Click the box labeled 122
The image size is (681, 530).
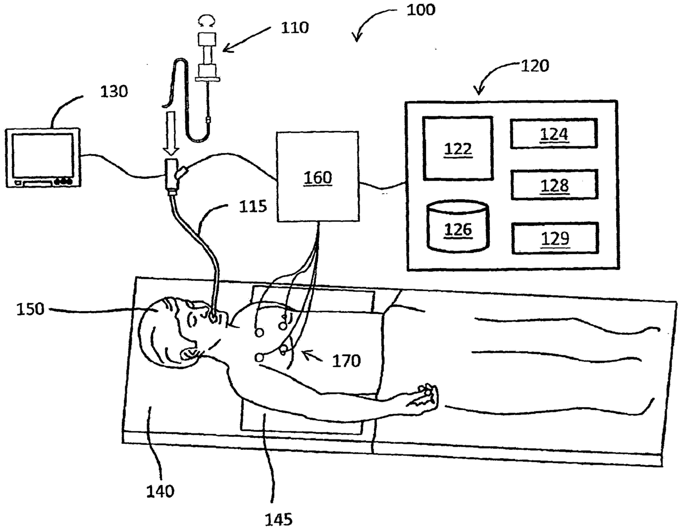[x=457, y=148]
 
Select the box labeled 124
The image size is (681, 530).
[x=554, y=133]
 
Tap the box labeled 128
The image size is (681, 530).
[x=554, y=185]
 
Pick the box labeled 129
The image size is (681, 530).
[x=555, y=238]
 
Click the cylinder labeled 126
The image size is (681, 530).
[x=457, y=227]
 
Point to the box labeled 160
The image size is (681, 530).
[x=318, y=177]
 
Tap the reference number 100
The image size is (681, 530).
[x=420, y=9]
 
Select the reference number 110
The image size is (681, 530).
[x=295, y=27]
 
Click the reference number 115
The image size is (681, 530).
[x=253, y=206]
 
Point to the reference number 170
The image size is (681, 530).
[x=347, y=360]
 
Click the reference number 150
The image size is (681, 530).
[x=30, y=309]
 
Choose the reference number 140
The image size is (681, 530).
[x=160, y=490]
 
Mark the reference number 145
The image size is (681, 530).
[x=279, y=518]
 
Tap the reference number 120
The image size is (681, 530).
[x=534, y=66]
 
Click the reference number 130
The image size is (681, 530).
[x=114, y=91]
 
